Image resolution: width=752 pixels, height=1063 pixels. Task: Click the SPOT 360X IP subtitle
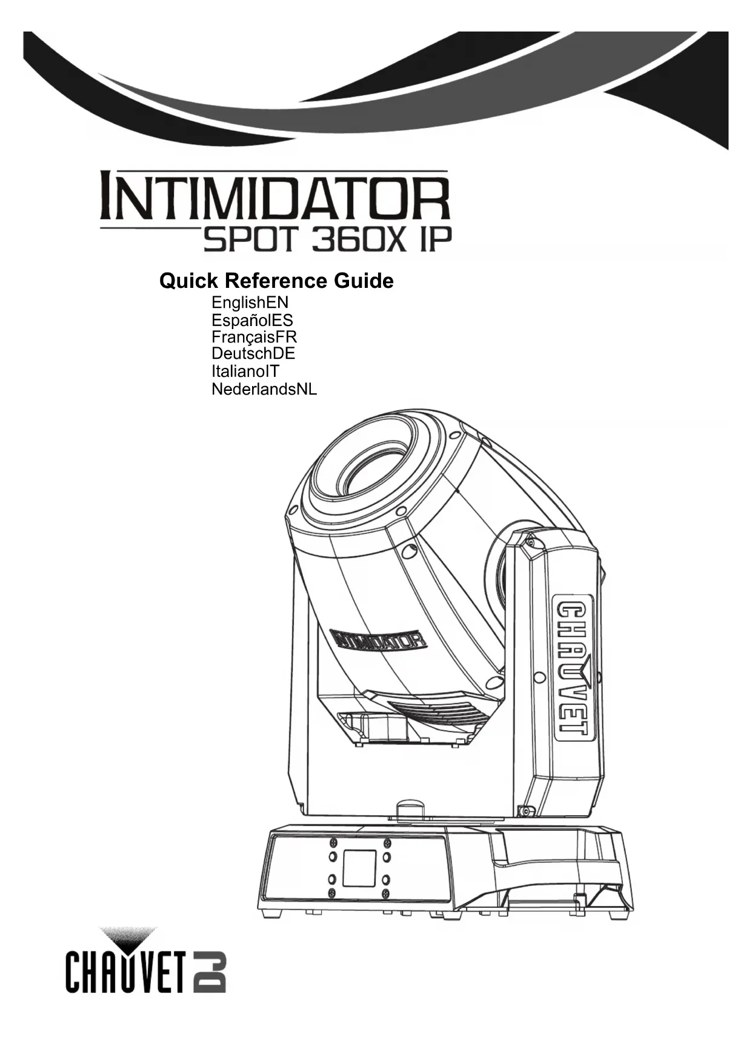pyautogui.click(x=327, y=242)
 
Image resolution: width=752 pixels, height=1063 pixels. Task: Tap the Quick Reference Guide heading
pyautogui.click(x=276, y=281)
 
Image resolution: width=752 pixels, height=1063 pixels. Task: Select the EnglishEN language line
pyautogui.click(x=250, y=302)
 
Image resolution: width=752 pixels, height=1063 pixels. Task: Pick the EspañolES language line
pyautogui.click(x=252, y=320)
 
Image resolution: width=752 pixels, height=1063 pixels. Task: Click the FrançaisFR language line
pyautogui.click(x=254, y=337)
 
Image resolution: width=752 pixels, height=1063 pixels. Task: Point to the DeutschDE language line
pyautogui.click(x=253, y=353)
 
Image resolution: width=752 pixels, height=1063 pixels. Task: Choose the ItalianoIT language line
pyautogui.click(x=245, y=371)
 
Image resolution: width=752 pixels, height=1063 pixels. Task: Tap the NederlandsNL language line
pyautogui.click(x=264, y=389)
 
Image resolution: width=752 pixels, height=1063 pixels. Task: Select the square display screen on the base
pyautogui.click(x=360, y=868)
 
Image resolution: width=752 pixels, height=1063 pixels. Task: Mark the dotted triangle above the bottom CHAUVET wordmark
pyautogui.click(x=128, y=937)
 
